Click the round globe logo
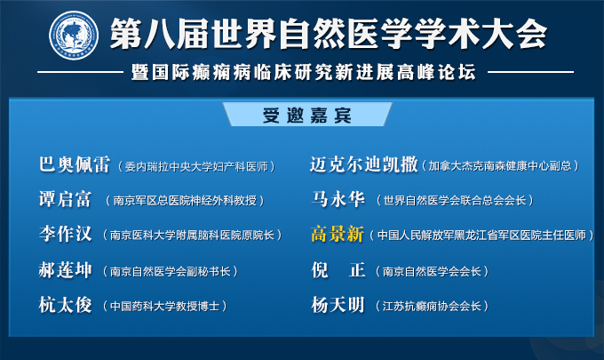(74, 35)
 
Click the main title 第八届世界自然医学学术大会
(328, 34)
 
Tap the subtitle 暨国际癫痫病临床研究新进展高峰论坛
(304, 72)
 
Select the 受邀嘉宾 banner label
(307, 116)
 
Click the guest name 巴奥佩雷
(75, 164)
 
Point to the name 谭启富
(65, 199)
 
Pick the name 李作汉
(65, 234)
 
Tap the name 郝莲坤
(65, 270)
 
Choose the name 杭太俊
(65, 305)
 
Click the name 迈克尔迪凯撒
(364, 164)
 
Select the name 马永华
(338, 199)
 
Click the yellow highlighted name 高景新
(337, 234)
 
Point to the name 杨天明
(338, 305)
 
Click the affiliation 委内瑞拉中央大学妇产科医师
(196, 166)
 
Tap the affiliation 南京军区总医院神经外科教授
(185, 200)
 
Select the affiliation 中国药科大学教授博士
(165, 306)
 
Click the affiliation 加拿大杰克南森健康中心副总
(500, 165)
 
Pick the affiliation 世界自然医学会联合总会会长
(455, 200)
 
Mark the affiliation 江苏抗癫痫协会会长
(432, 306)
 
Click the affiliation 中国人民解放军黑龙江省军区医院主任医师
(481, 236)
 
